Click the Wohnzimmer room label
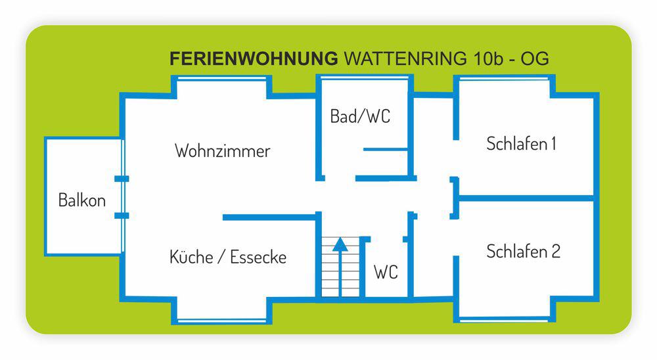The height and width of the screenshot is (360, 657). coord(222,151)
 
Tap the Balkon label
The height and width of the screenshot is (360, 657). coord(82,200)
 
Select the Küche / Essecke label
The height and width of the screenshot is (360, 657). coord(228,257)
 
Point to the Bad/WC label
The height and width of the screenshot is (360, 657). coord(360,117)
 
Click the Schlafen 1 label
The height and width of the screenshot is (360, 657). coord(521,144)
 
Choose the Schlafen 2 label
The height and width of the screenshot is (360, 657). coord(523,252)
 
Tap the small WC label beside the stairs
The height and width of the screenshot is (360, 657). coord(386,272)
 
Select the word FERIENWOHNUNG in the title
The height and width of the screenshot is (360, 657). coord(254,59)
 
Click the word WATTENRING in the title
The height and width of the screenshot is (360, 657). coord(404,59)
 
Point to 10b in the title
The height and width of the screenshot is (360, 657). coord(489,59)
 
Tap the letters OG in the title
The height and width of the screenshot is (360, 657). coord(535,59)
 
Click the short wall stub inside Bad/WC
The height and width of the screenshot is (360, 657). coord(386,150)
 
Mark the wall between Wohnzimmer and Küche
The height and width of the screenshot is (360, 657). coord(269,217)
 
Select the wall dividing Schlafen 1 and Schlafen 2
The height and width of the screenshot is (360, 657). coord(526,198)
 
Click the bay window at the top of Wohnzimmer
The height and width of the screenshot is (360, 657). coord(222,78)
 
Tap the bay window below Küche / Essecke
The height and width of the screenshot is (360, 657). coord(222,321)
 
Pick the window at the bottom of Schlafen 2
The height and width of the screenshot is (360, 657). coord(505,320)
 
